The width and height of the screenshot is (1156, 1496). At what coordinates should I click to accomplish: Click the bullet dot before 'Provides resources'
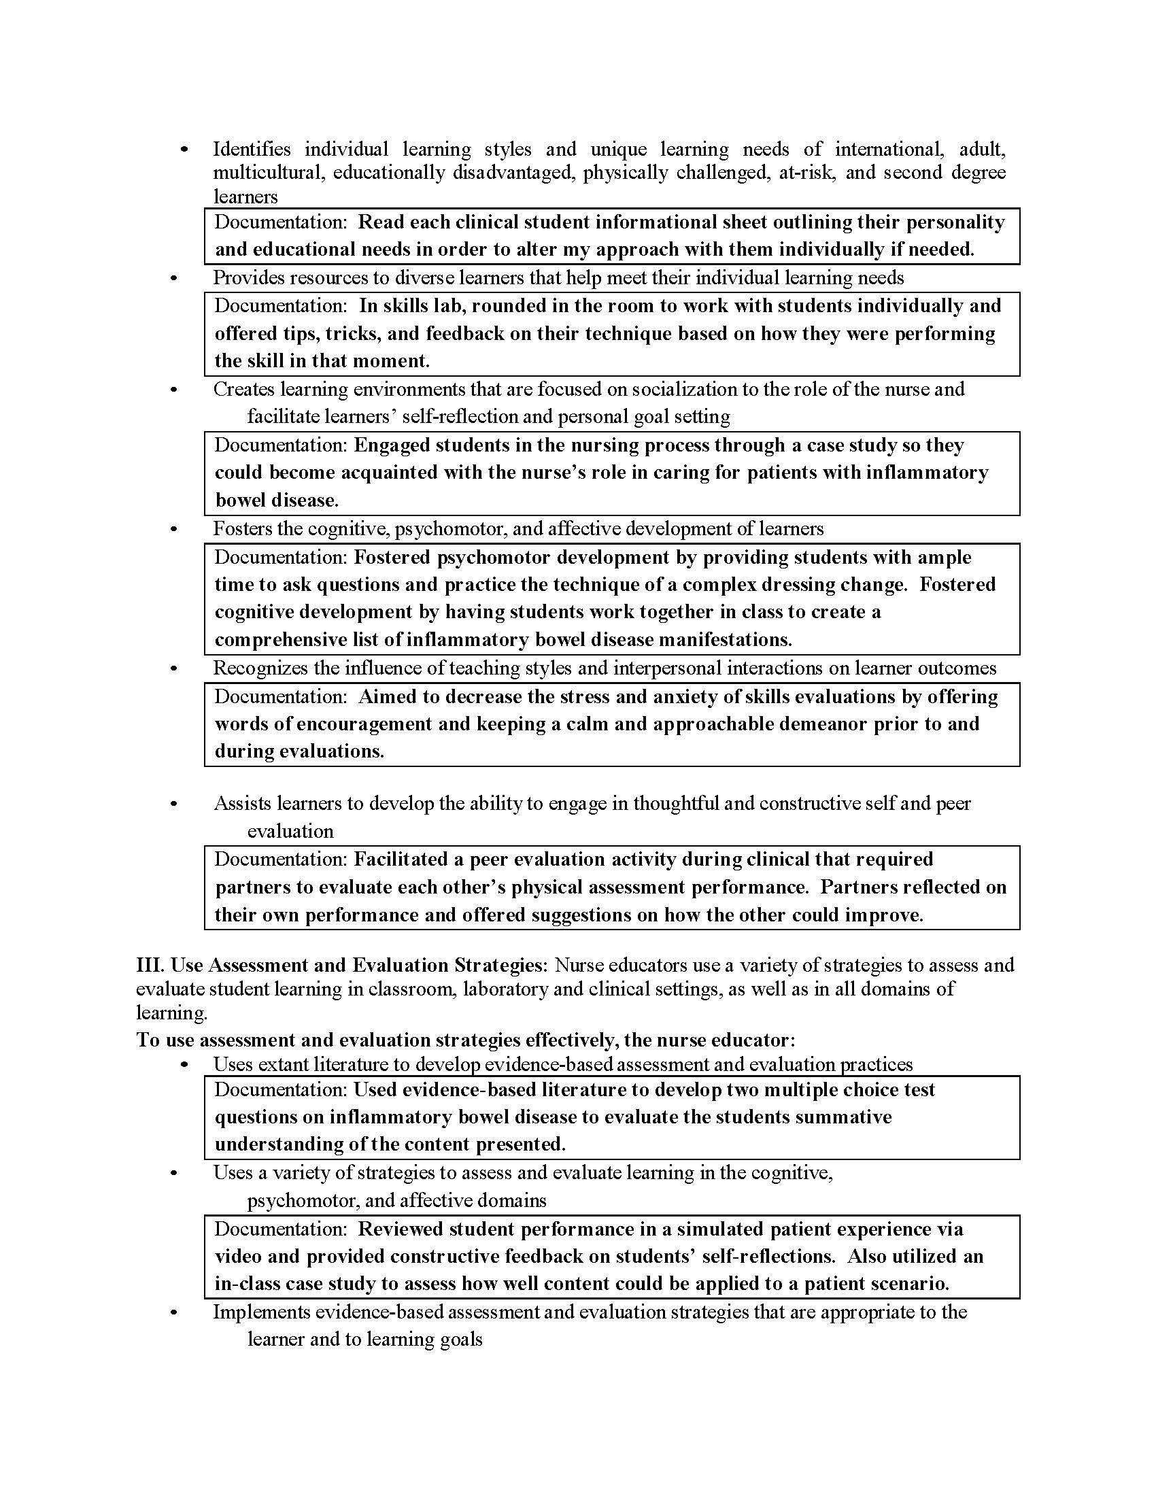[x=174, y=278]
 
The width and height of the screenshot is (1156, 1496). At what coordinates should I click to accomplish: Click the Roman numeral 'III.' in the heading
[x=151, y=965]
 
